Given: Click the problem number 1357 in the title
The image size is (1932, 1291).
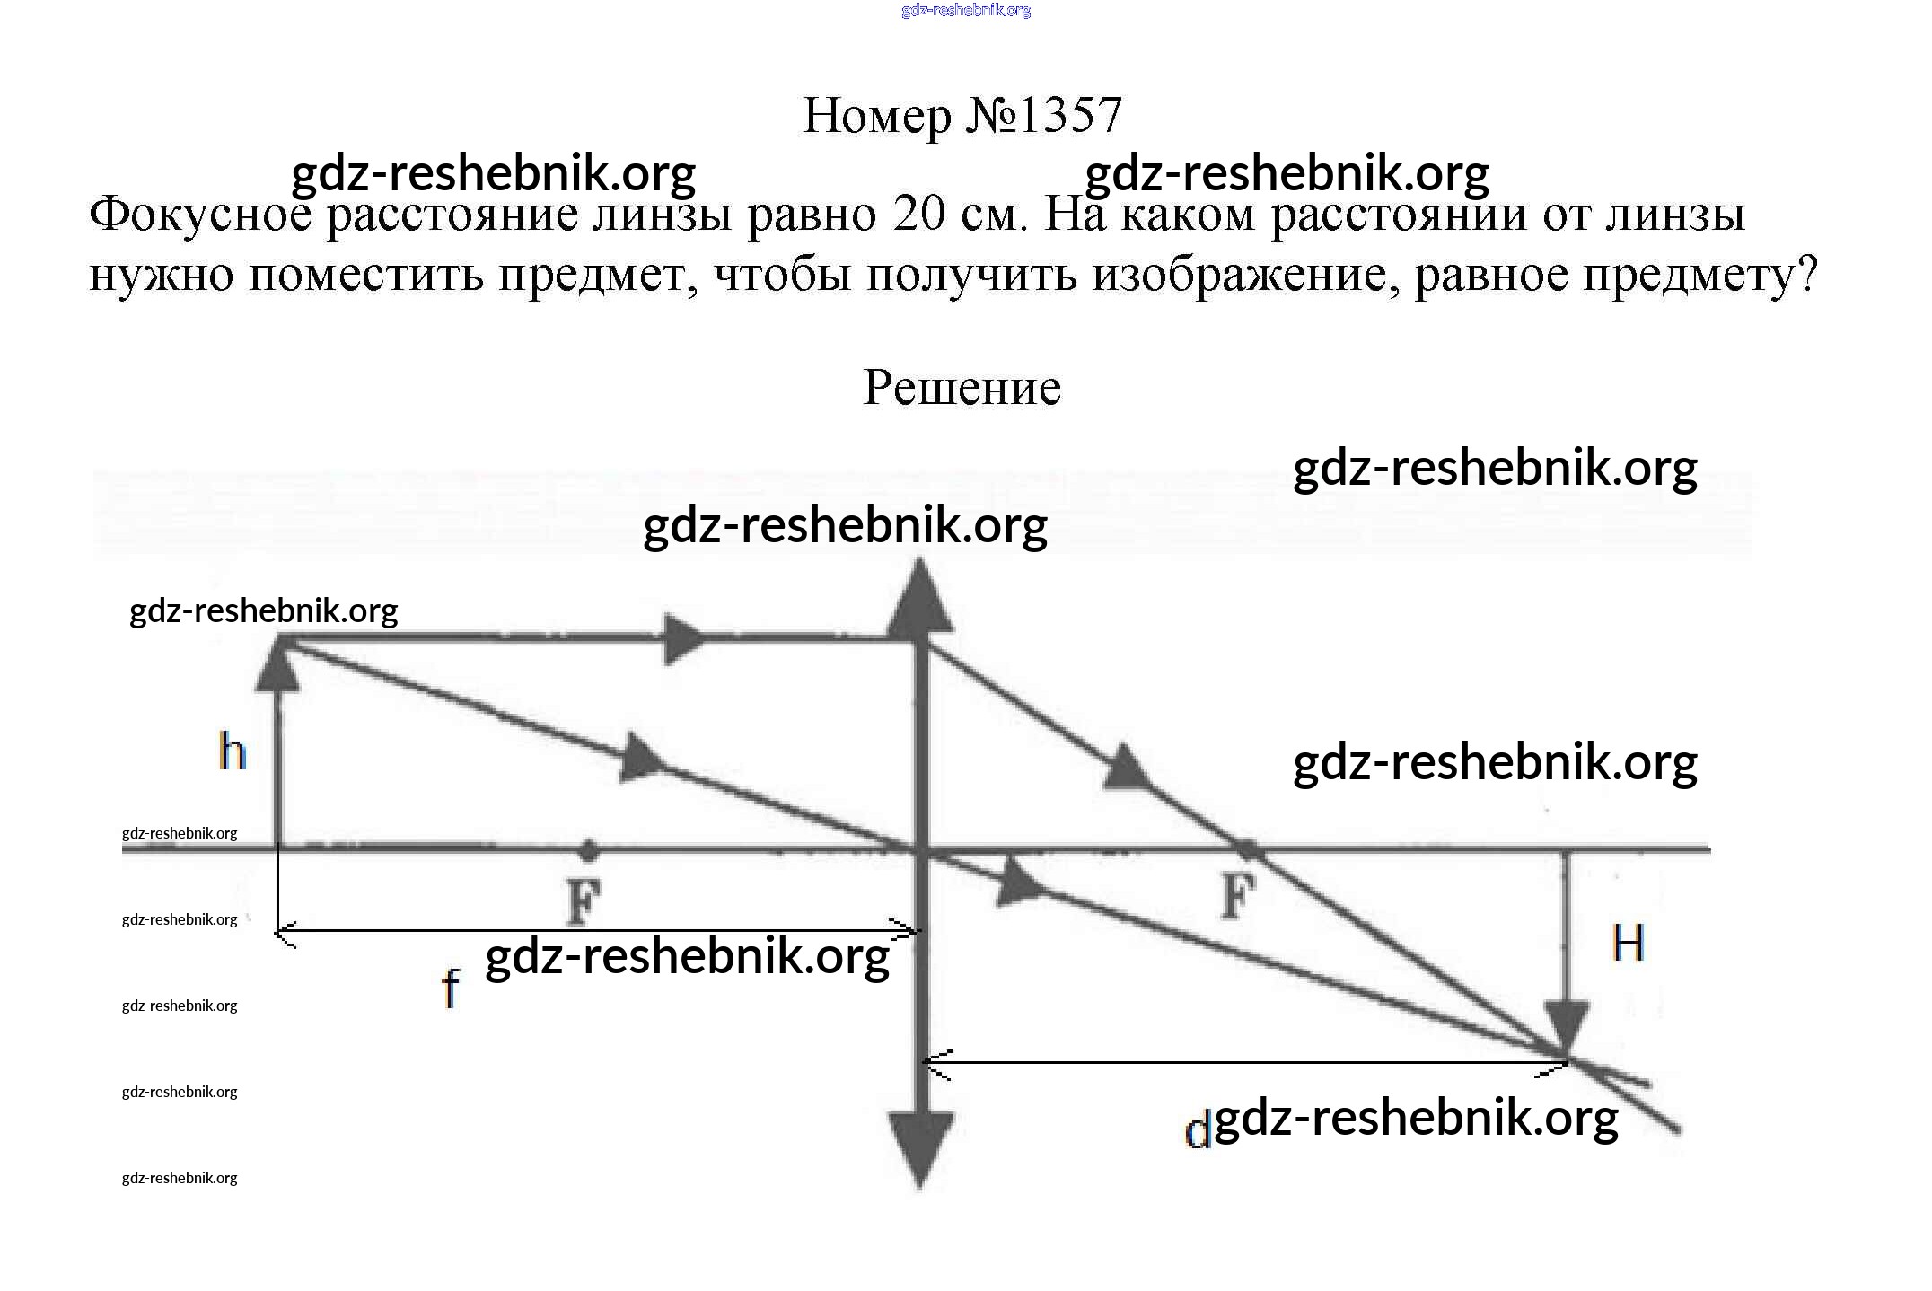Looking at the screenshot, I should coord(1071,116).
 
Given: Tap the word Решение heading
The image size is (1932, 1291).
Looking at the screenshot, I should coord(962,388).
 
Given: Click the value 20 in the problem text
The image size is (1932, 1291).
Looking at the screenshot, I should coord(919,215).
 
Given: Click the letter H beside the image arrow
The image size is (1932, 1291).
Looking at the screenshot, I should coord(1628,944).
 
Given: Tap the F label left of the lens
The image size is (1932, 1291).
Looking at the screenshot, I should coord(584,900).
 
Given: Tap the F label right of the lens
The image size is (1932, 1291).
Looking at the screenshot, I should coord(1238,895).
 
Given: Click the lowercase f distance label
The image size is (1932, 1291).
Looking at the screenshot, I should coord(451,988).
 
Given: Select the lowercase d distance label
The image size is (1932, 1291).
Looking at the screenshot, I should coord(1198,1130).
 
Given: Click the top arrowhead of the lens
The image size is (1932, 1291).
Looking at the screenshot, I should coord(920,597).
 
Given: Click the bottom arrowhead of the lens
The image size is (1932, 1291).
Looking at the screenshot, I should coord(920,1149).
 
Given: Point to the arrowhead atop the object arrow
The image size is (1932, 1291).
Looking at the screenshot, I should coord(277,664).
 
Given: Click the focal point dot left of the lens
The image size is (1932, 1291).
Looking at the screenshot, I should coord(587,848).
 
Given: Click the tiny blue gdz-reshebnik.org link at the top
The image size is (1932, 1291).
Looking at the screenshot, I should coord(966,11).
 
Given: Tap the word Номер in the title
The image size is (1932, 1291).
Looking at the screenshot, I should coord(877,116).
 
